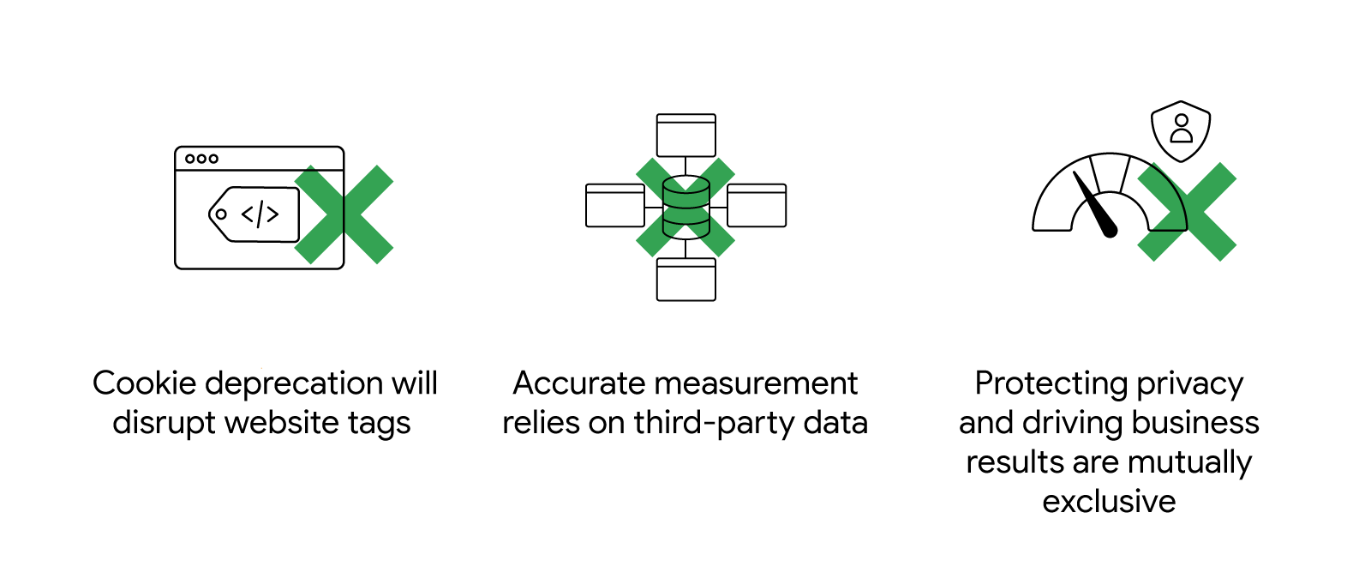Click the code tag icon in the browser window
click(254, 214)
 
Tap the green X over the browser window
click(344, 214)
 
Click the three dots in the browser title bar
click(201, 159)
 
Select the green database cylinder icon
click(685, 207)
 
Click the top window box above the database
click(685, 136)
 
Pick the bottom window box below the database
click(685, 280)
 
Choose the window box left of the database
click(614, 206)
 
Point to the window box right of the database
click(757, 206)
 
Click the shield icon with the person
click(1181, 130)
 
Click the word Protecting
click(1051, 383)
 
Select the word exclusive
click(1109, 502)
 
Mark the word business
click(1195, 423)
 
